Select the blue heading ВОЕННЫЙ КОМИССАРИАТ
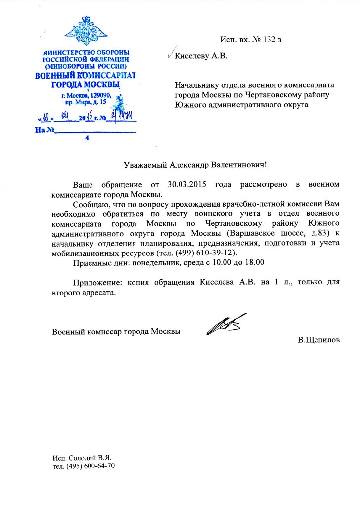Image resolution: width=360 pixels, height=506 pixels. click(85, 76)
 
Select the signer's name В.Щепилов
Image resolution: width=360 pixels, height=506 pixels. click(319, 340)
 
